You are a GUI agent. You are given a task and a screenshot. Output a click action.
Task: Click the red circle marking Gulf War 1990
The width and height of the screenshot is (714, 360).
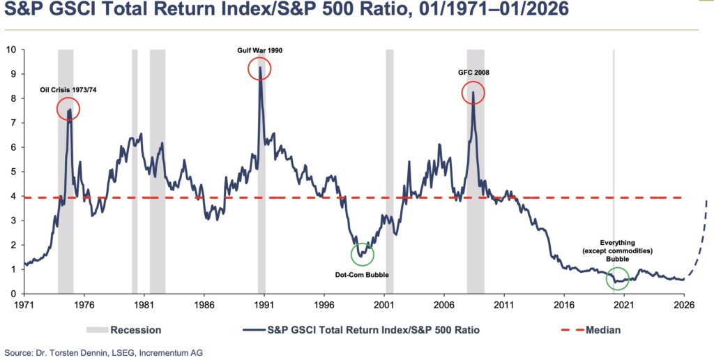tap(259, 68)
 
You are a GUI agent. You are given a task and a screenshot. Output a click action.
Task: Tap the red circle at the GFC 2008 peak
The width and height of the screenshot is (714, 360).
tap(473, 93)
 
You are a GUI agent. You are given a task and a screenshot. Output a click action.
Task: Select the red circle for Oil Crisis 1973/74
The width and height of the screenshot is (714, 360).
tap(68, 109)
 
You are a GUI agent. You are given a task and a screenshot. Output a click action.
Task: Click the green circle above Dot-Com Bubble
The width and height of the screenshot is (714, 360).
tap(363, 254)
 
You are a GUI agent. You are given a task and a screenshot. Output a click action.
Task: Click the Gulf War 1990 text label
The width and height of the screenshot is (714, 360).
tap(259, 50)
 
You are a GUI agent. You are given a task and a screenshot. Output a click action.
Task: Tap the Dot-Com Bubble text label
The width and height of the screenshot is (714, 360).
tap(363, 275)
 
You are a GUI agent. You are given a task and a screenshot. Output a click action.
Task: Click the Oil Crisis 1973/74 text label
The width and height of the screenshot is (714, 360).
tap(68, 89)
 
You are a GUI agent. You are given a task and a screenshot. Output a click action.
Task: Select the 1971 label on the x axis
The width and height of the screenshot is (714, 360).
tap(24, 305)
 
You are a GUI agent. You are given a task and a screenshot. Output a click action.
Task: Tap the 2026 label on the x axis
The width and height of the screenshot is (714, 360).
tap(684, 305)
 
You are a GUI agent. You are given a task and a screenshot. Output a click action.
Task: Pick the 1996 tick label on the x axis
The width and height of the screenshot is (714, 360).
tap(324, 305)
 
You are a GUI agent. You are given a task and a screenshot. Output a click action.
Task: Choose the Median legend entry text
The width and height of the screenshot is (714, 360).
tap(603, 329)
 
